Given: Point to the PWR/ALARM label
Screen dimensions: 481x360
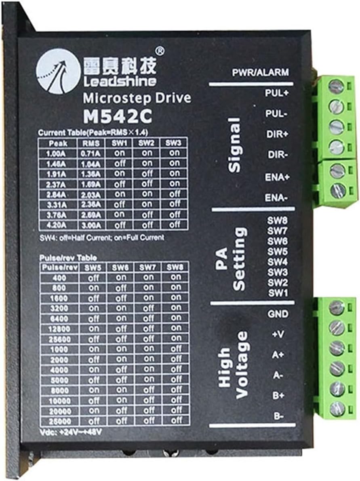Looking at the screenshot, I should point(260,73).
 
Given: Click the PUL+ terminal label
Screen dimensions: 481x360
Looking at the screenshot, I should point(276,93).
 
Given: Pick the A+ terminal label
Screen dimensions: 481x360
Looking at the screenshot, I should point(278,355).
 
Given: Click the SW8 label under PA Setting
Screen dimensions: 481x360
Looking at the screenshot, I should point(278,221).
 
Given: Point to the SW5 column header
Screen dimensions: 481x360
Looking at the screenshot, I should point(93,267).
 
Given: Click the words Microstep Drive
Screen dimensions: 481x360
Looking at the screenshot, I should point(137,98).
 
